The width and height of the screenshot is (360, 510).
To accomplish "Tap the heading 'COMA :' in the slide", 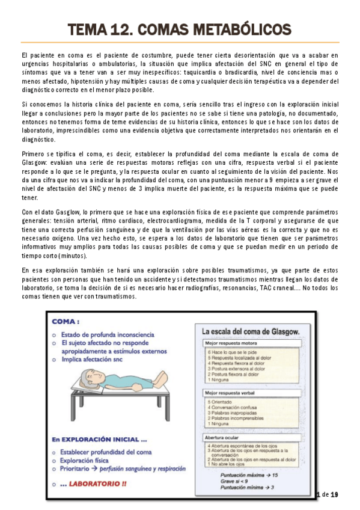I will tap(67, 322).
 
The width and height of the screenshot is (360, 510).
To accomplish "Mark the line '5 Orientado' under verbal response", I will tap(219, 401).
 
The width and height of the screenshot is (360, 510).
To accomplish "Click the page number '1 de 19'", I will tap(327, 494).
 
